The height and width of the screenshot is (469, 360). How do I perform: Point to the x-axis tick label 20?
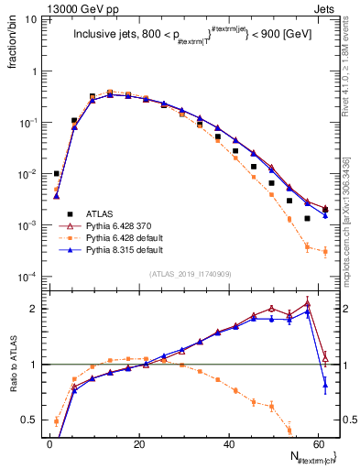point(138,443)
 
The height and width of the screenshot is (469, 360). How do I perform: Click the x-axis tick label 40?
point(226,443)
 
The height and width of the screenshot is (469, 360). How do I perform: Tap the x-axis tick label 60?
point(315,443)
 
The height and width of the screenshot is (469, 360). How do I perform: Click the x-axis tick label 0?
point(49,443)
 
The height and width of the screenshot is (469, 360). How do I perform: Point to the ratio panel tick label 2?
point(35,309)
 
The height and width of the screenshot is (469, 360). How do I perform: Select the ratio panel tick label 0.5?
point(30,420)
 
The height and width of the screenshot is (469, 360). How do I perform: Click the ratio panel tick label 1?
point(35,365)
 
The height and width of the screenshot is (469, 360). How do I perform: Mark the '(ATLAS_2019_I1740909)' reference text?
point(191,273)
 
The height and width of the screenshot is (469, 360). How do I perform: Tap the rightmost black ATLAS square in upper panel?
point(325,210)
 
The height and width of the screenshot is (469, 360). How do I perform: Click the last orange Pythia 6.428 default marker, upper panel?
point(325,251)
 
